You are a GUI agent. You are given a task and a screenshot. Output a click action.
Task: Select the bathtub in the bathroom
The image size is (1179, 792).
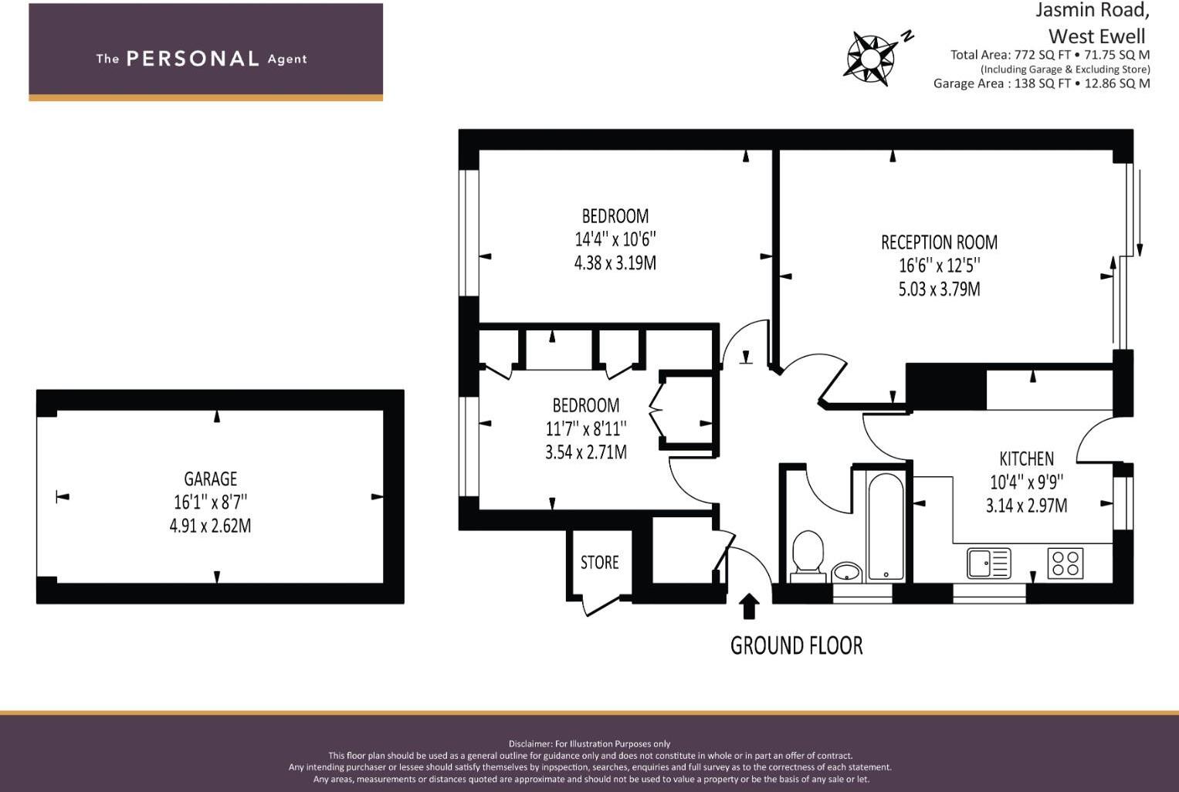(885, 526)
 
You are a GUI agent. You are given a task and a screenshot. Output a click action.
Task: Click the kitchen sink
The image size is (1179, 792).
(988, 563)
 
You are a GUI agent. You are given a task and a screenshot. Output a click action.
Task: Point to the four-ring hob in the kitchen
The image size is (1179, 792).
(1066, 563)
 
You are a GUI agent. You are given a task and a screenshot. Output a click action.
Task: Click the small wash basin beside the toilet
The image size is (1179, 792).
(847, 572)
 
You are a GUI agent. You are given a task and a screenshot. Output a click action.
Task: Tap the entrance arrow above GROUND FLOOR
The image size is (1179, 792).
(748, 606)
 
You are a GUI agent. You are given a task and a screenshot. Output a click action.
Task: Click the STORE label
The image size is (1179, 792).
(600, 563)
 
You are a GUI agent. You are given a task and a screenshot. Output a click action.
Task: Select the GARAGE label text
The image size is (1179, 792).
(210, 479)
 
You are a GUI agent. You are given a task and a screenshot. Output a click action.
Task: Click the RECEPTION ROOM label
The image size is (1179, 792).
(939, 242)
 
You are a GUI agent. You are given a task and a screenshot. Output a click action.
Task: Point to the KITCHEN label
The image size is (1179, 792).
(1026, 459)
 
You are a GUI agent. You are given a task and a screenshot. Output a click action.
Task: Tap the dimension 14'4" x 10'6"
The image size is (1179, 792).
(615, 239)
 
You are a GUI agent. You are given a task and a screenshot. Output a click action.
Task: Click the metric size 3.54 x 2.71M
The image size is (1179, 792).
(585, 452)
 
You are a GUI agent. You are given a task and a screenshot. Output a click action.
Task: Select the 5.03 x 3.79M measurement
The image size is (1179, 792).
(939, 289)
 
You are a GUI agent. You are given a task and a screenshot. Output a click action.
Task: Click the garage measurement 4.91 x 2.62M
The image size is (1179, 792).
(210, 526)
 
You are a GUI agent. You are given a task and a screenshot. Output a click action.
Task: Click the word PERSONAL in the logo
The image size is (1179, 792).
(192, 59)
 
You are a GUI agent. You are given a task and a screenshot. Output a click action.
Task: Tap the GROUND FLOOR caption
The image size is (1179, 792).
(796, 645)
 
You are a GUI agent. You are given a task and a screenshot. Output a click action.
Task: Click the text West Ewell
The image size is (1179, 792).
(1096, 36)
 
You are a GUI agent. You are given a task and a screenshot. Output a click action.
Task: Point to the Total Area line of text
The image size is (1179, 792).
(1049, 55)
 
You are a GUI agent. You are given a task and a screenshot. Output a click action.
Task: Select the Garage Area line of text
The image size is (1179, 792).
(1041, 83)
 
